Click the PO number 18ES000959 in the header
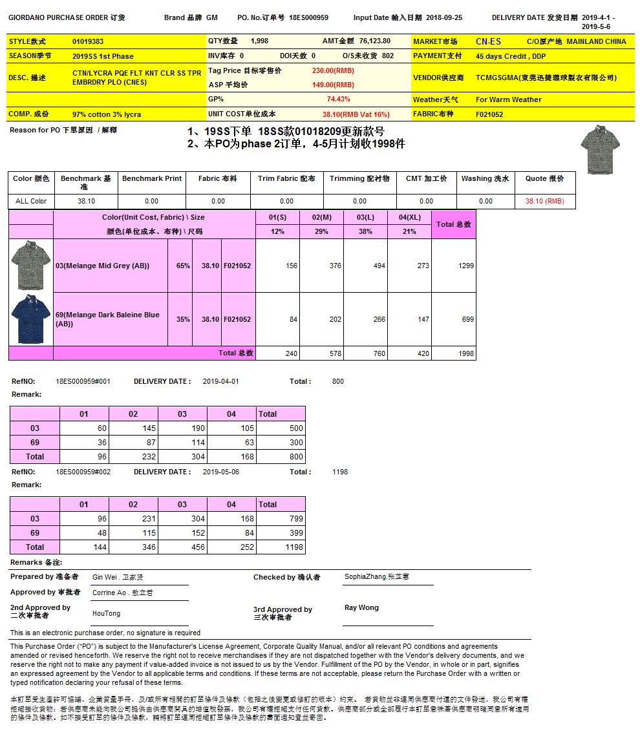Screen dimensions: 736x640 click(x=308, y=17)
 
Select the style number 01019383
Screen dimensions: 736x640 click(x=88, y=41)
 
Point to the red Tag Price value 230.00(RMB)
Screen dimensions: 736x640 click(x=333, y=70)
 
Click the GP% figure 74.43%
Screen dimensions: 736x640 click(x=339, y=99)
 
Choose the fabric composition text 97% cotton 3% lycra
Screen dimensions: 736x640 click(x=107, y=114)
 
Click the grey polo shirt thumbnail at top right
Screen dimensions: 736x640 click(x=596, y=149)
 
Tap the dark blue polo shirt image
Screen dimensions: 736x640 click(x=30, y=319)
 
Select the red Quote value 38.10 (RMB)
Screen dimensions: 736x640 click(x=544, y=201)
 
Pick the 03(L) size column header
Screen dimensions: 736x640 click(x=365, y=217)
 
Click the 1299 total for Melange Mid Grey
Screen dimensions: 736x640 click(x=465, y=266)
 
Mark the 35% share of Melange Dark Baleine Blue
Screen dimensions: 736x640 click(x=183, y=319)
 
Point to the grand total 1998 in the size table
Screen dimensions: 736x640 click(x=466, y=353)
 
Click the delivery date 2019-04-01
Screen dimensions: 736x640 click(x=220, y=381)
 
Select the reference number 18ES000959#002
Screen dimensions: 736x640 click(x=83, y=472)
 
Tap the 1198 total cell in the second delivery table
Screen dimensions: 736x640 click(x=293, y=547)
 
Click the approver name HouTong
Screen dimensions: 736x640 click(x=106, y=613)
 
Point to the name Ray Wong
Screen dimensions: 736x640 click(x=361, y=607)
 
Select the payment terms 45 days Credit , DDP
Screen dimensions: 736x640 click(x=511, y=56)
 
